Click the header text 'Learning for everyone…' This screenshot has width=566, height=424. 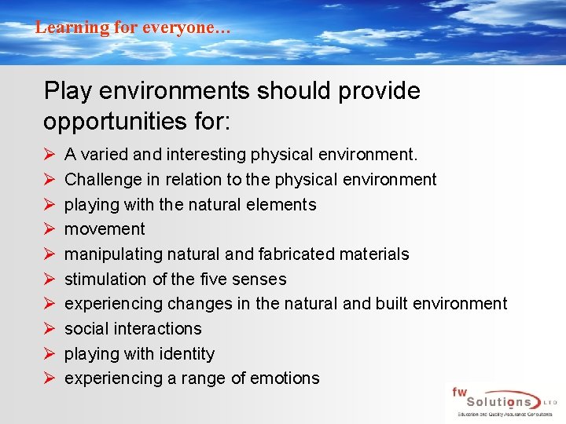coord(133,27)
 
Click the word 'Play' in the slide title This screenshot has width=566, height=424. coord(67,91)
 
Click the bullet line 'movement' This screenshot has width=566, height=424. coord(105,229)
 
